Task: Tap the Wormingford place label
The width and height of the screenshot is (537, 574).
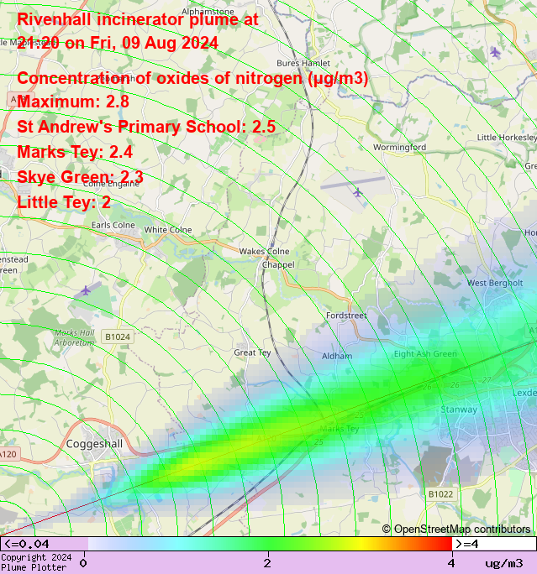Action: click(x=399, y=147)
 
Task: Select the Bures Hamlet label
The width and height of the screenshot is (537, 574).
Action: click(x=303, y=63)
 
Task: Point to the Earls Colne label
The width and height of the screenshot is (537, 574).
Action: click(x=113, y=225)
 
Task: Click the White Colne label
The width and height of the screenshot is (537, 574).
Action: click(x=168, y=230)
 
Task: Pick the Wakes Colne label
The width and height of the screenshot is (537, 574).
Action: click(x=264, y=251)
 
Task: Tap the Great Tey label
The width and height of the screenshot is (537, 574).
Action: click(x=252, y=353)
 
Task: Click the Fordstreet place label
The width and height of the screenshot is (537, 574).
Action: click(x=346, y=316)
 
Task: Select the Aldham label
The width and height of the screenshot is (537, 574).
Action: click(x=337, y=356)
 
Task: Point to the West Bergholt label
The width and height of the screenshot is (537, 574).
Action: click(x=495, y=283)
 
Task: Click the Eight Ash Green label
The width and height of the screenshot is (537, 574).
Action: click(x=425, y=354)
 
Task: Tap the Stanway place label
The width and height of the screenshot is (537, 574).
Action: click(x=459, y=410)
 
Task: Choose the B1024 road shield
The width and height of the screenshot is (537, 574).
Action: click(x=118, y=337)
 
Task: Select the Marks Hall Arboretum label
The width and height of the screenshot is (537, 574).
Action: click(x=75, y=337)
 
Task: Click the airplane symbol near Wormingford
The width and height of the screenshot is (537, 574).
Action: click(x=358, y=192)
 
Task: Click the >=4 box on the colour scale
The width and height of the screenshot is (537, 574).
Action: click(x=494, y=544)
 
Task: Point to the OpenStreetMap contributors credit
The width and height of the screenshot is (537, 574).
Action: click(x=456, y=529)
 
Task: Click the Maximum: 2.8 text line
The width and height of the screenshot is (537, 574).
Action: click(x=73, y=102)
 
